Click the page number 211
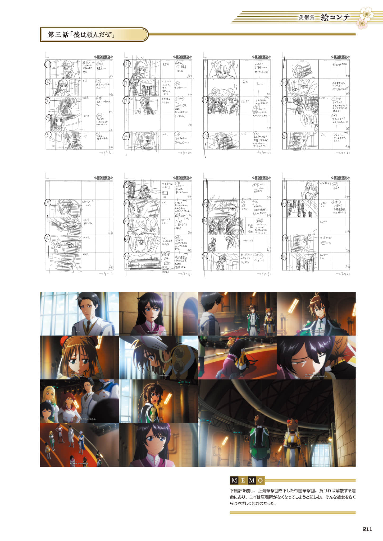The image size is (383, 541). [x=367, y=529]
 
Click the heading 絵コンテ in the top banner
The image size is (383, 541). [x=335, y=17]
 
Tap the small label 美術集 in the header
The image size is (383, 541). [x=307, y=18]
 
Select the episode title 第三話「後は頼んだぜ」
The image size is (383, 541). [x=81, y=35]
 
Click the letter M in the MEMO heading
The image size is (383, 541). [x=234, y=481]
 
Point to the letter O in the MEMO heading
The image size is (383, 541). [x=260, y=481]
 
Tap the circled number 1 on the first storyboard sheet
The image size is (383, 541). [x=48, y=65]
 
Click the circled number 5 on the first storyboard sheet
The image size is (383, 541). [x=48, y=136]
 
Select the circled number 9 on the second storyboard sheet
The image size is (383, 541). [x=126, y=136]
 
